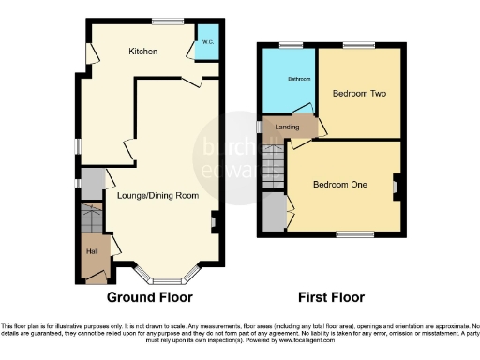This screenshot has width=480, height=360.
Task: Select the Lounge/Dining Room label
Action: (157, 196)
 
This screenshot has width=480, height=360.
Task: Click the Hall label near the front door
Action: (92, 250)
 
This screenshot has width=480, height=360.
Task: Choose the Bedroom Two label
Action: (359, 94)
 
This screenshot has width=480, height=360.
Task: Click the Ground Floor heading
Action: (149, 297)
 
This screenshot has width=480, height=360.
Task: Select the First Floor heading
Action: (331, 297)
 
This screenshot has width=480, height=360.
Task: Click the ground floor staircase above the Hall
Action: (90, 221)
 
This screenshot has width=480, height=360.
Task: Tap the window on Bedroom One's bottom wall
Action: (350, 234)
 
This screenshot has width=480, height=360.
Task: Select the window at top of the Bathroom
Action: (286, 45)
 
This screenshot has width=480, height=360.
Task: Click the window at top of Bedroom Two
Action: (357, 45)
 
